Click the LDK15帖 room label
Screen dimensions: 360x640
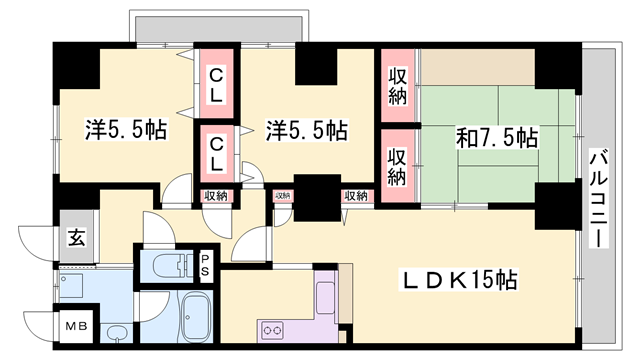tap(459, 281)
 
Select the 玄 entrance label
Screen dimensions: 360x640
tap(76, 237)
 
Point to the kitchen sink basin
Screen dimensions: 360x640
tap(327, 296)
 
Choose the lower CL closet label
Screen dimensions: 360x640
tap(216, 154)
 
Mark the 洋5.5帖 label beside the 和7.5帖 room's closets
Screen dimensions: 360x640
tap(305, 130)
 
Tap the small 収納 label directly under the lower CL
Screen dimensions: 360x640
tap(215, 196)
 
